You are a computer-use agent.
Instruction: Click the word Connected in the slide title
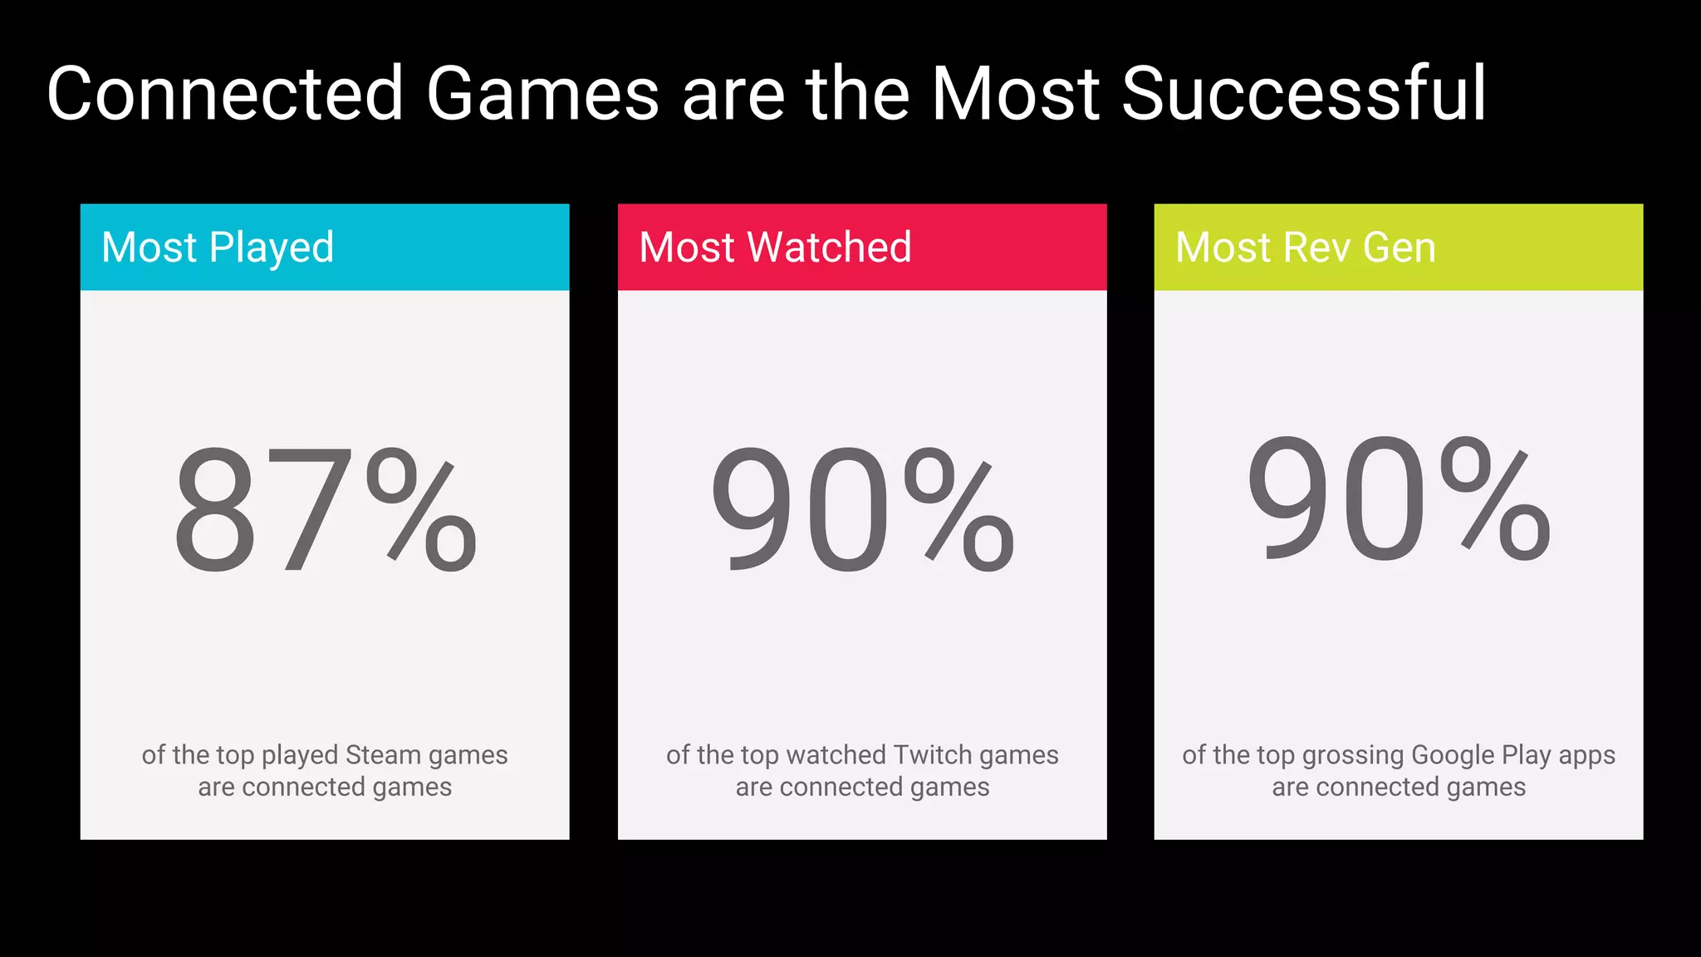coord(225,93)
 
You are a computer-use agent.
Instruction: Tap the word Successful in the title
coord(1304,93)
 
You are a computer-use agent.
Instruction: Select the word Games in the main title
coord(542,93)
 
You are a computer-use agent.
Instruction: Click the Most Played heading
coord(218,248)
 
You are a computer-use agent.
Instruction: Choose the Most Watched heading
coord(775,248)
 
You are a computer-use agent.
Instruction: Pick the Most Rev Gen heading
coord(1306,248)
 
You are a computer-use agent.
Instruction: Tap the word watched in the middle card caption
coord(836,754)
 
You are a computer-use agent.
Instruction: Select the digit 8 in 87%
coord(215,510)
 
